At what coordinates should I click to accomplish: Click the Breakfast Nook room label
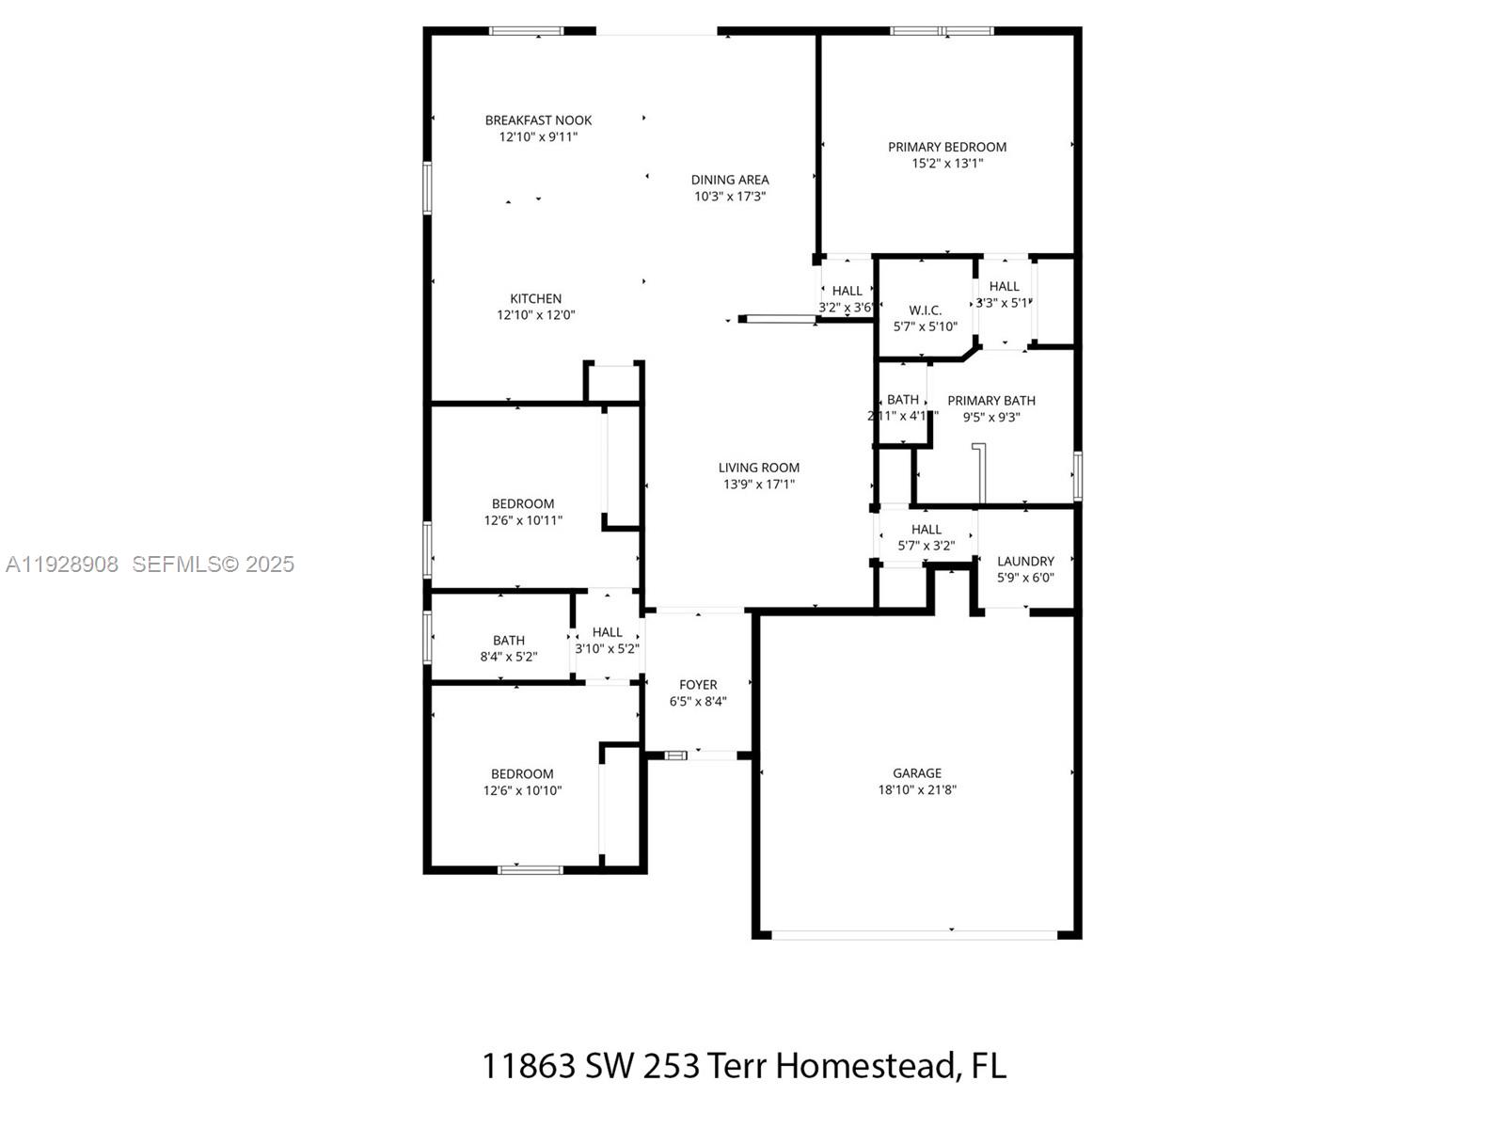click(x=538, y=120)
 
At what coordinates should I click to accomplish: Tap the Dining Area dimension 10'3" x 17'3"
click(x=730, y=197)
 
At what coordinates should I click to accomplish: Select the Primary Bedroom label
click(x=947, y=147)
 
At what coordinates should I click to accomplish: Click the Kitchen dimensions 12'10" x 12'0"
click(x=535, y=315)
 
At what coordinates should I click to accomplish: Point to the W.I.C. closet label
click(x=925, y=310)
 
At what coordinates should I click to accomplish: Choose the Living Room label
click(x=758, y=468)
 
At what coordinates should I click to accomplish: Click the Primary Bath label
click(x=990, y=401)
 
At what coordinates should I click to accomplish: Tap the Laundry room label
click(x=1025, y=562)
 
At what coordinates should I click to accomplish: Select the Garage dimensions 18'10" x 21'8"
click(x=917, y=790)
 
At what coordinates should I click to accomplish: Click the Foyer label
click(x=698, y=685)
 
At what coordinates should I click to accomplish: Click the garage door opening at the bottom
click(x=914, y=934)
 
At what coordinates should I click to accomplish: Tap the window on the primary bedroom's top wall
click(x=942, y=31)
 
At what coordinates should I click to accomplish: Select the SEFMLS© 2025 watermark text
click(x=214, y=564)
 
